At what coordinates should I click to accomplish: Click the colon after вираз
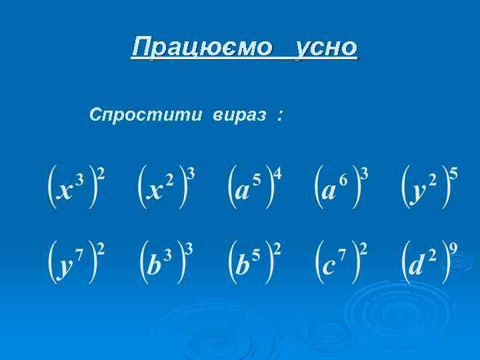pos(278,116)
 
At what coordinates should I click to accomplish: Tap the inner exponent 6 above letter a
pos(343,179)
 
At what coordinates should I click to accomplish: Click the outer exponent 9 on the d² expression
pos(453,249)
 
